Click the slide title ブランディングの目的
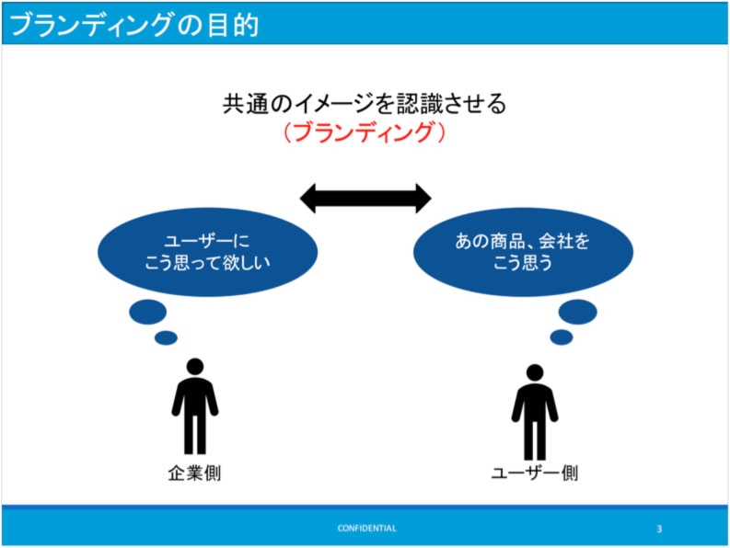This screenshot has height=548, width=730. [x=134, y=25]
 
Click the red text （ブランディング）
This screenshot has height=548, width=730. [x=365, y=132]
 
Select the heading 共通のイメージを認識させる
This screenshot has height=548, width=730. [x=365, y=104]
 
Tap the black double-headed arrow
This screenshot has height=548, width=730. [x=365, y=199]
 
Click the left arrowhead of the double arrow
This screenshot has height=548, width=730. [x=307, y=199]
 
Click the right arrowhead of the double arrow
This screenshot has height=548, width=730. [x=423, y=199]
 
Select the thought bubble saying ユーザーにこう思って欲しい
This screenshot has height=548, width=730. [x=208, y=252]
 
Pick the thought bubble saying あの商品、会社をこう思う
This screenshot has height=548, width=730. [x=523, y=252]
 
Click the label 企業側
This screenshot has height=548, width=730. [x=194, y=474]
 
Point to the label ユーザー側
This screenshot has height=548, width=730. [x=535, y=474]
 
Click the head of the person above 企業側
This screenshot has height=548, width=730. [x=195, y=367]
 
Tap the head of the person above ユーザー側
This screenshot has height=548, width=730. [x=535, y=372]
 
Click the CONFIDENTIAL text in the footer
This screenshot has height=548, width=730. [x=367, y=528]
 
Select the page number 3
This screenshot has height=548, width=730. [x=659, y=529]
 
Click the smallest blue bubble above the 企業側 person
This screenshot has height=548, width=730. [x=167, y=337]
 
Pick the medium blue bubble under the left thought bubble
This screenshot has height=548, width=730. [x=148, y=312]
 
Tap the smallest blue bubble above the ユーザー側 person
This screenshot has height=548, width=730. [x=562, y=337]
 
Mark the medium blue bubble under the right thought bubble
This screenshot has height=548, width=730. [x=578, y=312]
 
